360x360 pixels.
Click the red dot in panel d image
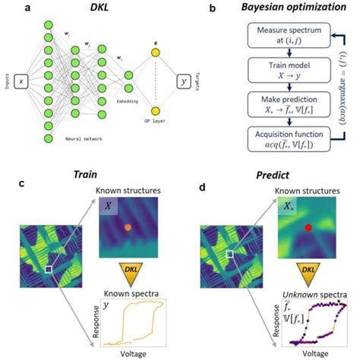[x=308, y=228]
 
